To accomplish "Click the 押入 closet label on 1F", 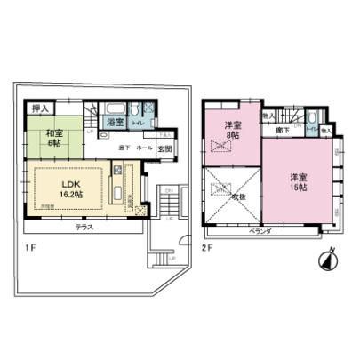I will (x=38, y=109).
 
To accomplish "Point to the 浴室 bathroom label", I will (x=114, y=121).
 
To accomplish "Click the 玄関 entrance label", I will (x=165, y=149).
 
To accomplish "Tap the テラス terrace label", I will (x=85, y=228).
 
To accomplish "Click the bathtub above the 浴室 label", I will (x=115, y=109).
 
